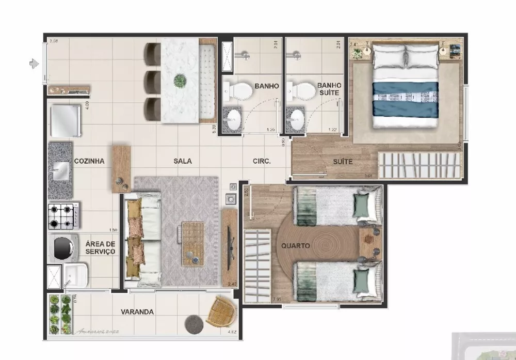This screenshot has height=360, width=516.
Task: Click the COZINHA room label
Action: click(x=89, y=161)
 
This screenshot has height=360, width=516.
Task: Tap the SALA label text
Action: click(x=183, y=161)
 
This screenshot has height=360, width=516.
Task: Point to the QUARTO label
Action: click(x=296, y=246)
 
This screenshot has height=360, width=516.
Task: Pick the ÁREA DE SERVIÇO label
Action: click(x=100, y=248)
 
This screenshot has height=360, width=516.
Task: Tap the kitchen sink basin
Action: click(x=61, y=169)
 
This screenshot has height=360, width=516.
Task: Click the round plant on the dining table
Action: click(x=180, y=81)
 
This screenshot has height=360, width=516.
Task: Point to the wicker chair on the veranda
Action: click(x=222, y=311)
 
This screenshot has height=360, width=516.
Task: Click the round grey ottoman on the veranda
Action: click(x=195, y=324)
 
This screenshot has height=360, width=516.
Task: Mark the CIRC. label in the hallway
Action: click(x=262, y=161)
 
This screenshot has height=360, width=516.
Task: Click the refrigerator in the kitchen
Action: click(x=65, y=118)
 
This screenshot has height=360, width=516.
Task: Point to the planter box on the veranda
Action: click(x=60, y=315)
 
